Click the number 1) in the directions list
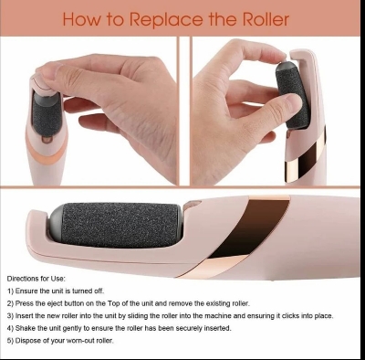pyautogui.click(x=11, y=290)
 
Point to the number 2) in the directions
pyautogui.click(x=11, y=302)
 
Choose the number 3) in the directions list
pyautogui.click(x=11, y=315)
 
